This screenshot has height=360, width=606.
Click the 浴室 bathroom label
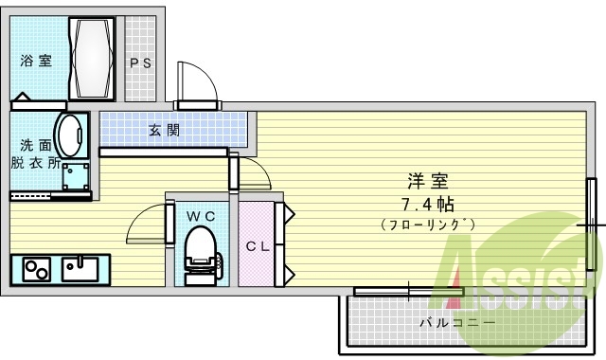37,62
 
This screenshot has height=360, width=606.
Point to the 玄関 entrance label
164,131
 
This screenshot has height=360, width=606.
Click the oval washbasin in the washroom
69,135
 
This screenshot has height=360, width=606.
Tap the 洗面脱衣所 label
36,153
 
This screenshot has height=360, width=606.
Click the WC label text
200,216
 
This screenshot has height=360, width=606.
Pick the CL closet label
258,246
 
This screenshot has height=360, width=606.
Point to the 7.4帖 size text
428,203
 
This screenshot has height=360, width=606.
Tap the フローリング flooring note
428,225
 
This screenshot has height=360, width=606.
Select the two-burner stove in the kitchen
36,270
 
